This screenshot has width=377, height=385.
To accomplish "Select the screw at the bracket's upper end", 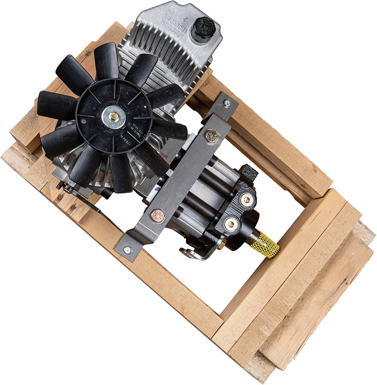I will [x=227, y=102].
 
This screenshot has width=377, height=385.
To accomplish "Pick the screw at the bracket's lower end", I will [x=127, y=250].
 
